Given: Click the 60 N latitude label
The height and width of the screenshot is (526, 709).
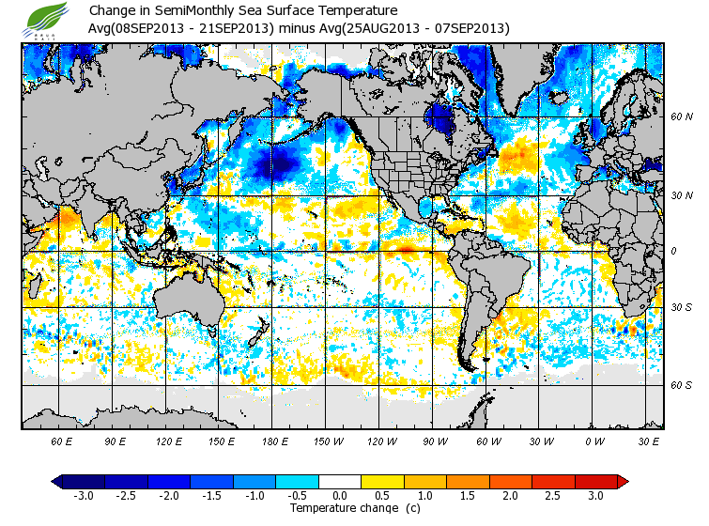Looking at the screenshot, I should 681,117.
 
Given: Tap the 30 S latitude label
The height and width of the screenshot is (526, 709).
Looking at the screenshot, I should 681,307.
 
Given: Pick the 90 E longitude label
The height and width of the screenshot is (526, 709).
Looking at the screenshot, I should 116,441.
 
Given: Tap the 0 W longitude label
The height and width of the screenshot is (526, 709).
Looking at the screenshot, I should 593,441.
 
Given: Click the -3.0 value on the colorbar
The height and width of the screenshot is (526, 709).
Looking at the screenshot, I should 83,496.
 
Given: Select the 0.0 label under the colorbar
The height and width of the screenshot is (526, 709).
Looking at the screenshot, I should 340,496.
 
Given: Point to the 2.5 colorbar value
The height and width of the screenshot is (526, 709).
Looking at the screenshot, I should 554,496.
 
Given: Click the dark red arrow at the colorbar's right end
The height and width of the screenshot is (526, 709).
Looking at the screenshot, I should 622,481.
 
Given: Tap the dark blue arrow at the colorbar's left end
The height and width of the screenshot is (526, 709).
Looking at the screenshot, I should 58,481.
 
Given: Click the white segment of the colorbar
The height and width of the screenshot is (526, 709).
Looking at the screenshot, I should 340,481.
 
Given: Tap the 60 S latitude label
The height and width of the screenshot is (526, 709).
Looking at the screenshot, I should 681,385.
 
